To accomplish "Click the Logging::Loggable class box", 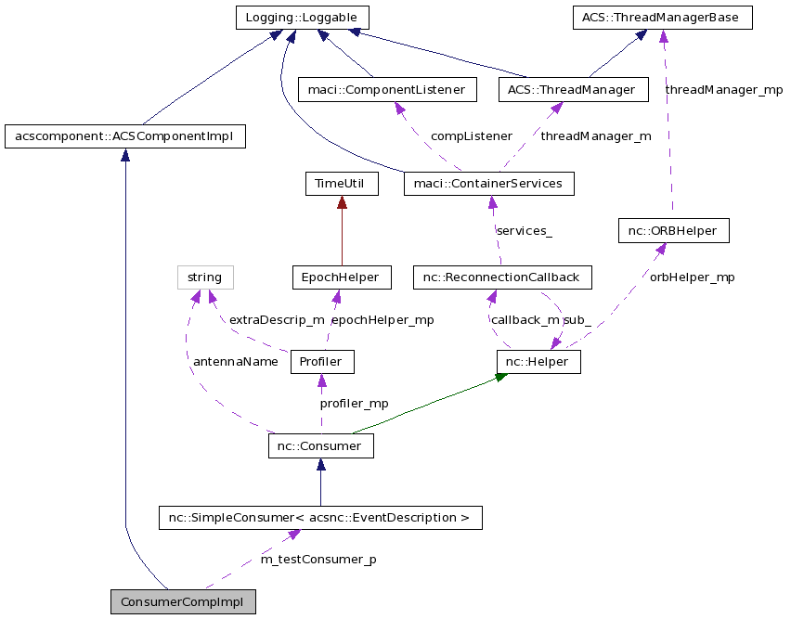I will [x=302, y=18].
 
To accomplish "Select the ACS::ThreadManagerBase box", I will [x=661, y=18].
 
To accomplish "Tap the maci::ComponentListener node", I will [x=387, y=90].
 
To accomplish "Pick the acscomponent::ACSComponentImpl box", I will [x=124, y=137].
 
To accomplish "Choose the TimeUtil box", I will [x=342, y=184].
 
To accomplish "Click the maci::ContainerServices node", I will [x=488, y=184].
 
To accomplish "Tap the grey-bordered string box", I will [x=204, y=277].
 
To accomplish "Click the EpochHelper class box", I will [x=341, y=277].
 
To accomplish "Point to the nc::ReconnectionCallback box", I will [x=501, y=277].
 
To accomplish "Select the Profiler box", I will [x=322, y=361].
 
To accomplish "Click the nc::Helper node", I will [x=538, y=361].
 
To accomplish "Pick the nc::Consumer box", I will [x=320, y=446].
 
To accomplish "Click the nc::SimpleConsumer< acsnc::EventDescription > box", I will [x=320, y=517].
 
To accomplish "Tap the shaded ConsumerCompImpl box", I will [x=182, y=601].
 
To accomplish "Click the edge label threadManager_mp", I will [x=723, y=90].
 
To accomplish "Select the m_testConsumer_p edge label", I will [x=318, y=560].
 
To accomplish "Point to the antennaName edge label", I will [x=235, y=362].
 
